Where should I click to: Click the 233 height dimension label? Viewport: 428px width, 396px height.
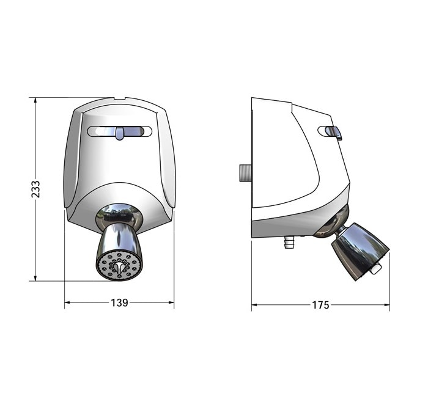pyautogui.click(x=36, y=189)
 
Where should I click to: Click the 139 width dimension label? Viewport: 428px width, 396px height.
pyautogui.click(x=119, y=302)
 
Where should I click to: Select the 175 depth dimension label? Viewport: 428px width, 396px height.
pyautogui.click(x=320, y=305)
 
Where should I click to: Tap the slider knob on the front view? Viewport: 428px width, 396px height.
pyautogui.click(x=119, y=133)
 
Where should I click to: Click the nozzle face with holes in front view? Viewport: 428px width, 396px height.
pyautogui.click(x=119, y=265)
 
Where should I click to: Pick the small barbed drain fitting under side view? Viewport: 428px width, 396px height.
pyautogui.click(x=289, y=243)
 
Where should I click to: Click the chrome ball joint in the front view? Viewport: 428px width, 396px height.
pyautogui.click(x=119, y=215)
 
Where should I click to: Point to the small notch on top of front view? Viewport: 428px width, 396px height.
pyautogui.click(x=119, y=98)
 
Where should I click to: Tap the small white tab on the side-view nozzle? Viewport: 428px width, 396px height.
pyautogui.click(x=376, y=268)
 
